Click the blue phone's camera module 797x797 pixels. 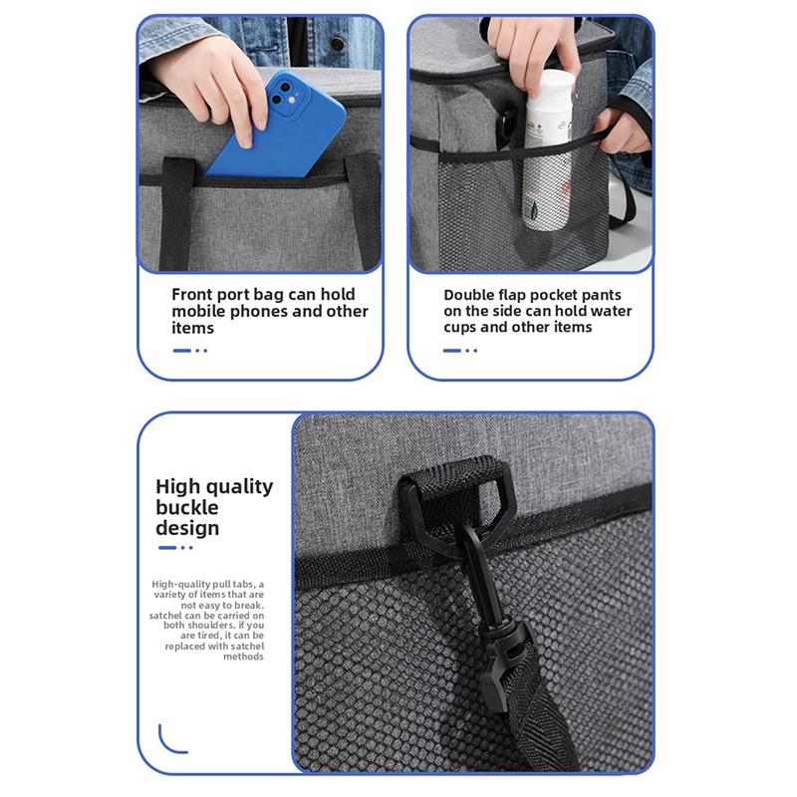[x=286, y=96]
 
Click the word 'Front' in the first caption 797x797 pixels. [x=191, y=294]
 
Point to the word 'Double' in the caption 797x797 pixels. [x=468, y=295]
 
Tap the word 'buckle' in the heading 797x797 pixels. [x=186, y=507]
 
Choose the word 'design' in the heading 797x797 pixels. [x=187, y=528]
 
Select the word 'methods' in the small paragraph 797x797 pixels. [x=243, y=657]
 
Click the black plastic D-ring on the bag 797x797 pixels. [x=452, y=503]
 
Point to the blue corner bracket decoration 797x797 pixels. [x=170, y=743]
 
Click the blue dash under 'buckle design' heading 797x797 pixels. [x=167, y=547]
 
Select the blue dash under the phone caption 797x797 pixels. [x=181, y=351]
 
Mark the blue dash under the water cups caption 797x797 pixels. [x=451, y=351]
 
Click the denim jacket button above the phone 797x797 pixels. [x=337, y=44]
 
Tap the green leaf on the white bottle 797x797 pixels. [x=534, y=208]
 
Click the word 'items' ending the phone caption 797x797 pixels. [x=192, y=328]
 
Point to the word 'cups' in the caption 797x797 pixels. [x=460, y=328]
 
